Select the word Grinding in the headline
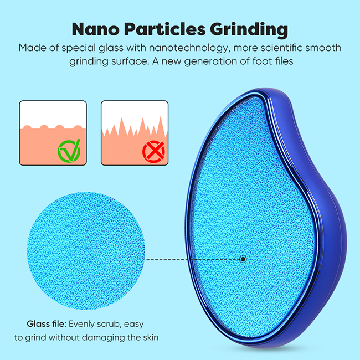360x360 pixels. pos(249,30)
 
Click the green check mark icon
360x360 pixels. pos(69,151)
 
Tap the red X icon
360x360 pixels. pos(153,152)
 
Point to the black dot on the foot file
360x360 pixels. pos(243,259)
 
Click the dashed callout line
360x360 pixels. pos(193,259)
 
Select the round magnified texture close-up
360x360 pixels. pos(86,251)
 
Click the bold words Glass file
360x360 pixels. pos(47,324)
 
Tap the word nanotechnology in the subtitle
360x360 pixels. pos(189,48)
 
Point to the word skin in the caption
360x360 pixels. pos(151,337)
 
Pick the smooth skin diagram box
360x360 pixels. pos(53,133)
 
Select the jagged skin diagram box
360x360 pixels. pos(135,133)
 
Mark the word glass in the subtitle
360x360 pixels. pos(111,48)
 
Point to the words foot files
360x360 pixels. pos(272,61)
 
